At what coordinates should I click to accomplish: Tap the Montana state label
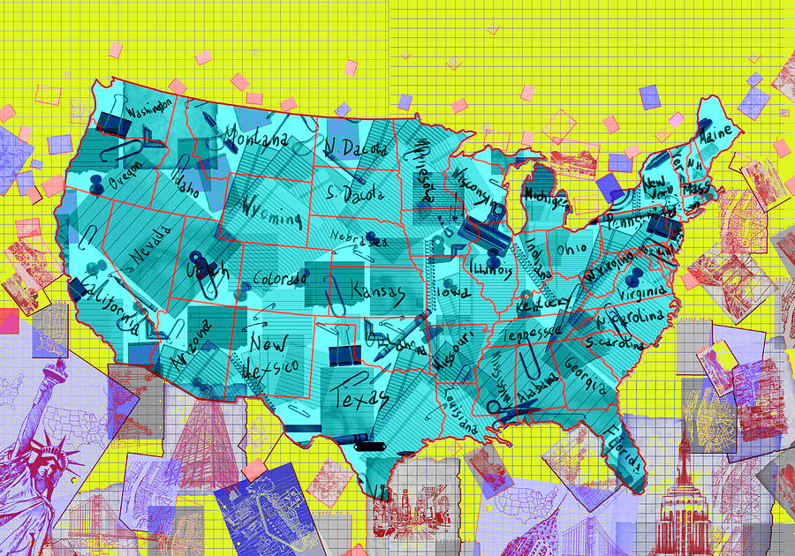coord(256,139)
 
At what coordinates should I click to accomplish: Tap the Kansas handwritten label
coord(378,291)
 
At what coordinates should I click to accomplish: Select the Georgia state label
coord(586,375)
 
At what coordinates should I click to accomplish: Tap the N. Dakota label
coord(356,147)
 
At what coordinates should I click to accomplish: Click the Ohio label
coord(571,248)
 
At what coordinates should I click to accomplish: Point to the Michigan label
coord(546,195)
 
